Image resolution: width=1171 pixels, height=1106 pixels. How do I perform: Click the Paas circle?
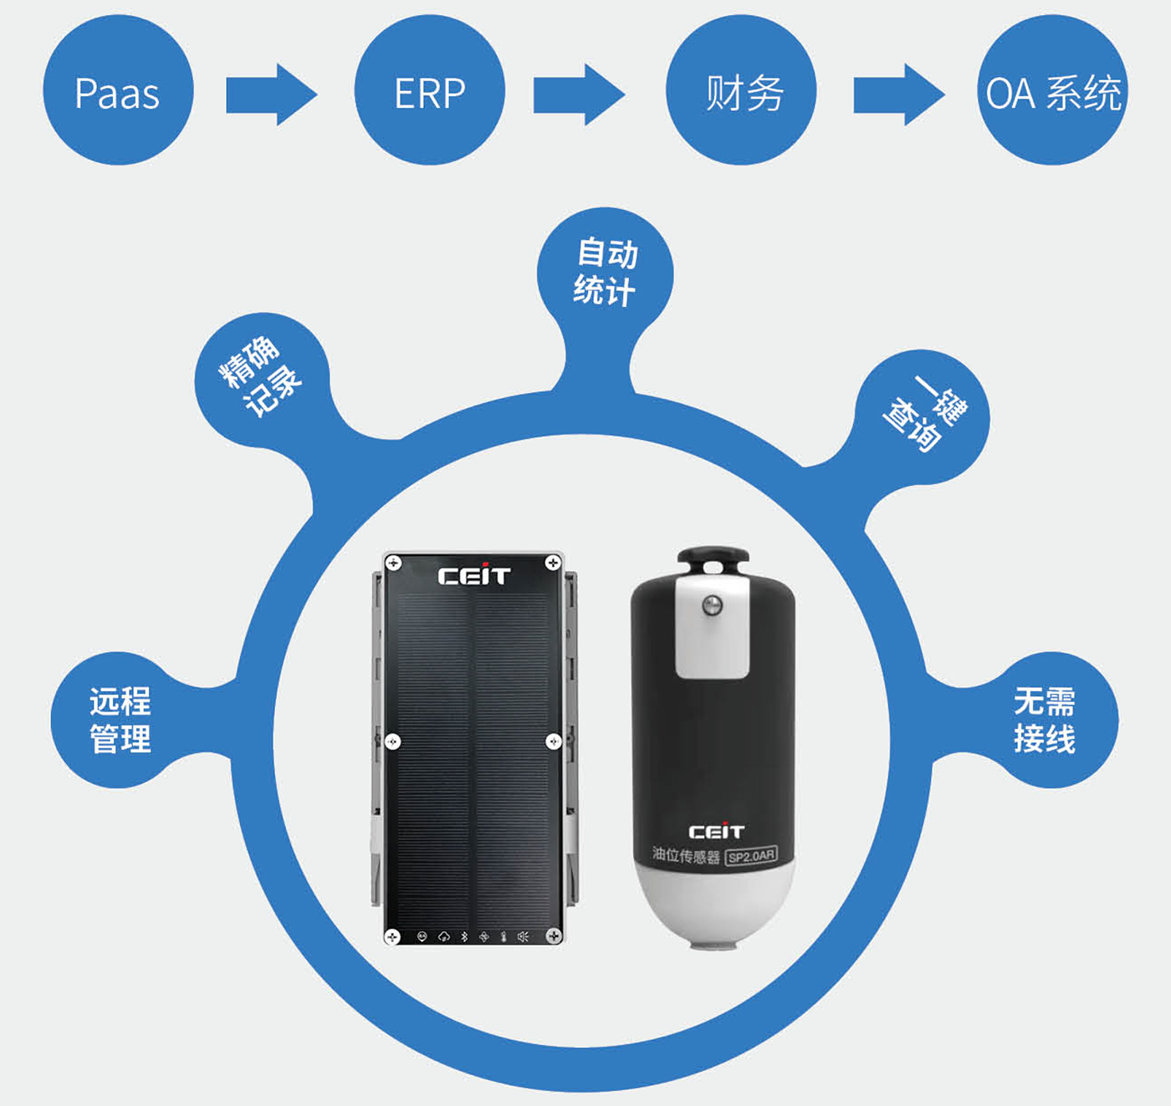point(118,90)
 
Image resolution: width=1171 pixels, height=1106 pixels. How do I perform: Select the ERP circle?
point(429,90)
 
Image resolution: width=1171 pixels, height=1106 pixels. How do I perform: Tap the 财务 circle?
point(741,90)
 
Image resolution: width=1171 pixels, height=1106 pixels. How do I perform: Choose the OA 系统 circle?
point(1052,90)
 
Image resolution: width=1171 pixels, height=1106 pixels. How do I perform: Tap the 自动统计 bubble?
point(605,273)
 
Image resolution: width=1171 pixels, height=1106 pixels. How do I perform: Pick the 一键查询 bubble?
point(923,415)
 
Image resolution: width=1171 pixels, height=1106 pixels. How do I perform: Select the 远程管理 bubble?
point(120,720)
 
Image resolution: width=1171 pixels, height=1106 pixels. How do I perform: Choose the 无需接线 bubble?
point(1045,720)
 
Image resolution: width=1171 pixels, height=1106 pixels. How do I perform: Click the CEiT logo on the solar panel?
point(473,576)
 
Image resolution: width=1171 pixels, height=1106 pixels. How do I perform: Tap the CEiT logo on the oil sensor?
point(716,832)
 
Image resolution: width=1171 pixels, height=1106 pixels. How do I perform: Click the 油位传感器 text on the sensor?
point(686,855)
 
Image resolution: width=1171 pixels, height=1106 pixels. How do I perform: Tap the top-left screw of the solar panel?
point(393,563)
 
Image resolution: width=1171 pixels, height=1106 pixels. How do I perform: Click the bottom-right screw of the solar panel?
point(553,936)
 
